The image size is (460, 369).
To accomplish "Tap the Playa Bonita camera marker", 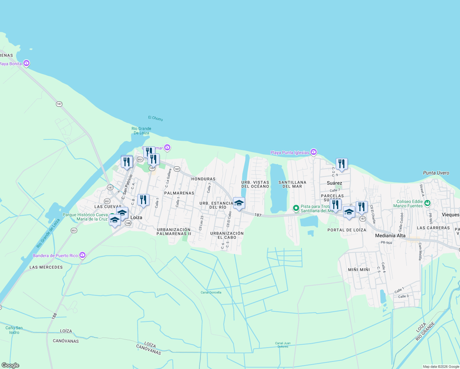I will coord(26,63).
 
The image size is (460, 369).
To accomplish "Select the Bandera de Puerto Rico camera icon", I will coord(82,255).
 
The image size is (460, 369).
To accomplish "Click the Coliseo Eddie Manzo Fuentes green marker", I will coord(427,203).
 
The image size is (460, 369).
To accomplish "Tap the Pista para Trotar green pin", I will coord(296,208).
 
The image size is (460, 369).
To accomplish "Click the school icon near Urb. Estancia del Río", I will coord(239,203).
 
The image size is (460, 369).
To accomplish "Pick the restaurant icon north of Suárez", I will coord(342,164).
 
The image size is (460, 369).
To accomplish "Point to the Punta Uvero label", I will coord(436,173).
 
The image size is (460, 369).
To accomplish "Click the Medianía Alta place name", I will coord(390,236).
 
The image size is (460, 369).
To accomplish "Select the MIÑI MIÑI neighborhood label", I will coord(359,270).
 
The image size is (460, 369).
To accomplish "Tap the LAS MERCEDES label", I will coord(46,267).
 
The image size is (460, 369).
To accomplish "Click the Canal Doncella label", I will coord(211,292).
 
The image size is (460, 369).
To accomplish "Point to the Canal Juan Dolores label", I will coord(283,345).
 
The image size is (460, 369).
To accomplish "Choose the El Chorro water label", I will coord(156,118).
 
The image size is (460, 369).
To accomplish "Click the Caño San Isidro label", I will coord(14,330).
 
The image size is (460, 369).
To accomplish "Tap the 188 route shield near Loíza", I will coord(128,223).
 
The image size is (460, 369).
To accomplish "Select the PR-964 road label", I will coord(386,243).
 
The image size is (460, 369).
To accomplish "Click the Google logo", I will coord(10,365).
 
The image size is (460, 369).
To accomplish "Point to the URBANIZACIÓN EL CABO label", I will coord(227,235).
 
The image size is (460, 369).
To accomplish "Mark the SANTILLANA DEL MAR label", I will coord(292,184).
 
